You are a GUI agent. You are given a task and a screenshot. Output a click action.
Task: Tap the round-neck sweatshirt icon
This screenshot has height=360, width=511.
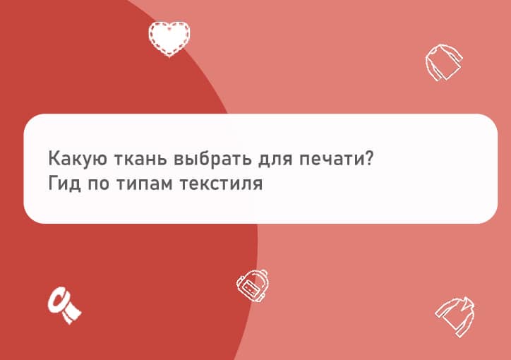(443, 64)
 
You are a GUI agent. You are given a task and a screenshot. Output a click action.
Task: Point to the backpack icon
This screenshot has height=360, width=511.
(252, 285)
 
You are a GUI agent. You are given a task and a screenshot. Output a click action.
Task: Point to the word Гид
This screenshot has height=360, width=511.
(63, 185)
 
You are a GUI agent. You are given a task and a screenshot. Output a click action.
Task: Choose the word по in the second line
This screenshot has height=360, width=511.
(101, 186)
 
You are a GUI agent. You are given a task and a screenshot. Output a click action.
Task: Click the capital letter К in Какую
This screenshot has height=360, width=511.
(54, 157)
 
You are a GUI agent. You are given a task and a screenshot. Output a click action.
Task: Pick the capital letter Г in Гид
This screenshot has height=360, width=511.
(52, 185)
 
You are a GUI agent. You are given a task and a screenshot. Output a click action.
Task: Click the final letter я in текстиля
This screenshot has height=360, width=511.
(258, 186)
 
